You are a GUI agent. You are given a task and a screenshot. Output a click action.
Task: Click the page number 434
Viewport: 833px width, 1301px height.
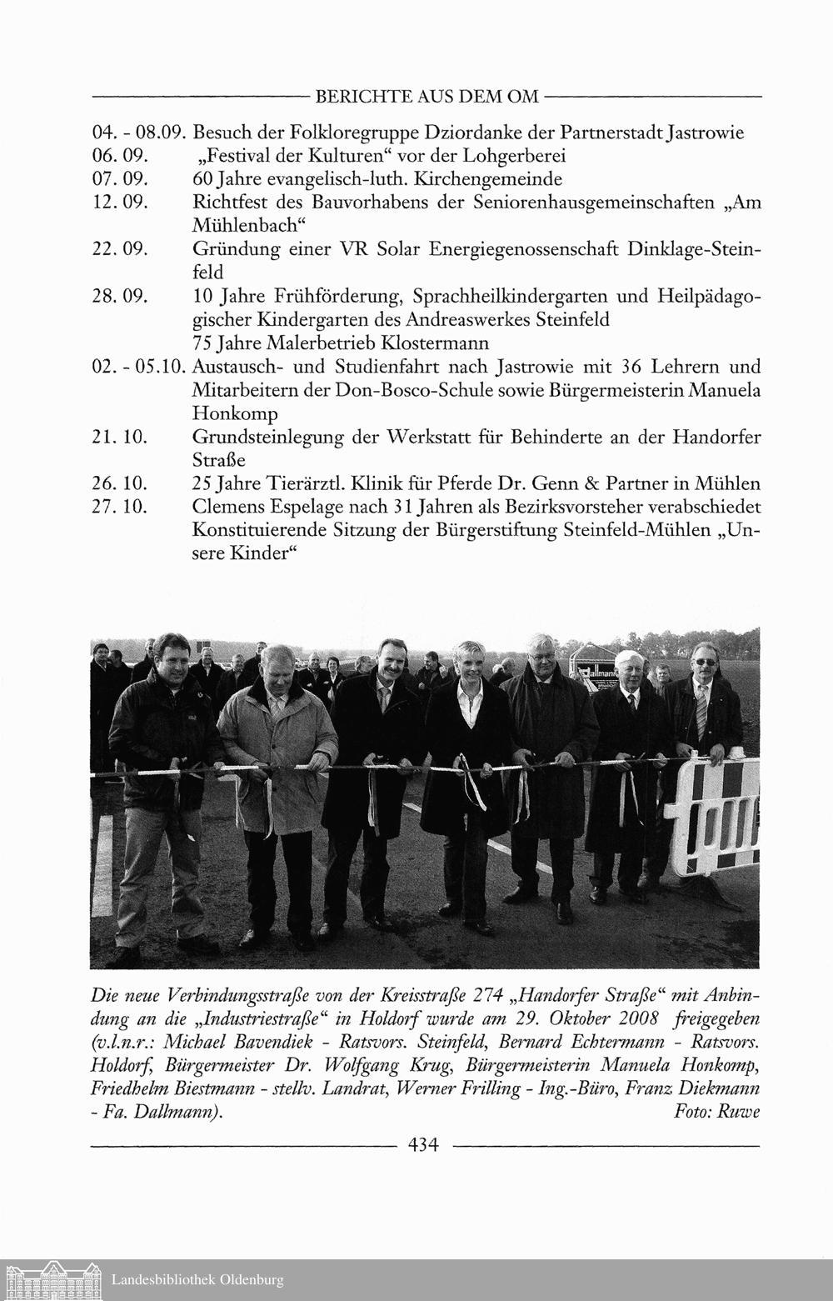click(x=422, y=1144)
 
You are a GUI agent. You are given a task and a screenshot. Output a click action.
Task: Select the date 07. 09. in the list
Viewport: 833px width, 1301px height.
click(x=119, y=179)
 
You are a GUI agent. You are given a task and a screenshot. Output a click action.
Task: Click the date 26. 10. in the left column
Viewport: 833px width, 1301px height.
click(x=119, y=483)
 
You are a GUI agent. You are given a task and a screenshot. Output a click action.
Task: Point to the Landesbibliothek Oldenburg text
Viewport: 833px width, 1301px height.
click(x=197, y=1279)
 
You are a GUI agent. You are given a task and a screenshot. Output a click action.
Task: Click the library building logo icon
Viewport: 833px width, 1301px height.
click(x=52, y=1278)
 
